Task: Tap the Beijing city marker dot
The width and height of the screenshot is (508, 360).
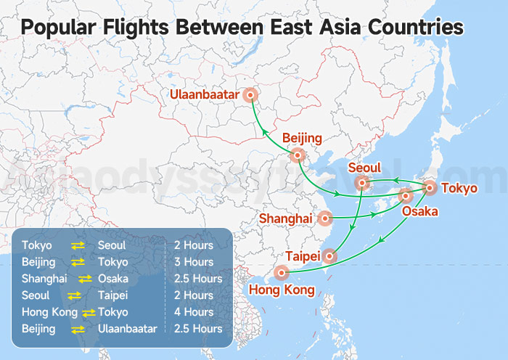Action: pos(297,155)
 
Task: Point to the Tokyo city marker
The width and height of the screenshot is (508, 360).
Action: pos(429,188)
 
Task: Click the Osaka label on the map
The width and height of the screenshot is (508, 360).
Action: pos(420,211)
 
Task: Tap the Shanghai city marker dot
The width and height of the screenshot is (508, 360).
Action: pos(325,217)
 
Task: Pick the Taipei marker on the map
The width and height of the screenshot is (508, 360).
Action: pos(330,255)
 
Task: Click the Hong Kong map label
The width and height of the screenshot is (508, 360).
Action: pos(282,290)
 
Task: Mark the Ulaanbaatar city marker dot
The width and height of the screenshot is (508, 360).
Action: pos(251,94)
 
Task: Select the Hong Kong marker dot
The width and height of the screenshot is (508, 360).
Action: pos(282,273)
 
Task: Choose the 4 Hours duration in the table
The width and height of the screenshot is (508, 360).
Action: pos(194,312)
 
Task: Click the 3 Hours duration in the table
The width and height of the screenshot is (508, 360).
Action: pos(194,262)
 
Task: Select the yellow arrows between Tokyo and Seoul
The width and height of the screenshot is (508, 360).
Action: pos(78,245)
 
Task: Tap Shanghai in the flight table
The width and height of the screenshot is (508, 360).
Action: pos(44,279)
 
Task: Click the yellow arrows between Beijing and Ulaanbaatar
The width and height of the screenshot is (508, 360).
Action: pos(78,329)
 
